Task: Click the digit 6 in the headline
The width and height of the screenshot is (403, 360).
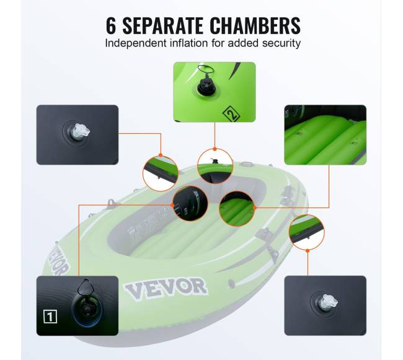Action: [x=111, y=25]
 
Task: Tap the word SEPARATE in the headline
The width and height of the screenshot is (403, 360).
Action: [x=163, y=25]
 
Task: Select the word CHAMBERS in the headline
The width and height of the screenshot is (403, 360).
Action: [x=255, y=25]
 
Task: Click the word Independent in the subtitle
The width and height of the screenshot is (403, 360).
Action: [x=136, y=43]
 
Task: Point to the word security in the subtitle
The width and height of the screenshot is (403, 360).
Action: [x=281, y=43]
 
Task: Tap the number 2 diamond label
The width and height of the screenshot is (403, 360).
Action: [x=231, y=114]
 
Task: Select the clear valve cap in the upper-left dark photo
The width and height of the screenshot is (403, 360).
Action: [x=81, y=131]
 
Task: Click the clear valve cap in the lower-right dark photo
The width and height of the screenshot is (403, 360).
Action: [x=329, y=301]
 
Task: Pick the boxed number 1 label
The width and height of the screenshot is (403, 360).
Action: [x=50, y=317]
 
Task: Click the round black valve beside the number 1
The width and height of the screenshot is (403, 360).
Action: [x=87, y=310]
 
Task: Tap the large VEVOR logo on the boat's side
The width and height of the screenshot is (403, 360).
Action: [x=166, y=288]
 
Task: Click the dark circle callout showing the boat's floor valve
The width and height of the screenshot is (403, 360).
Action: [x=190, y=203]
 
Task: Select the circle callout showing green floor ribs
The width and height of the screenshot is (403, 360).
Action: [x=237, y=209]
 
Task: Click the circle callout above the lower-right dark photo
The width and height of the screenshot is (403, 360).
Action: [x=307, y=232]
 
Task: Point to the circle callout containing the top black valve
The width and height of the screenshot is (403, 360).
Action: [x=215, y=167]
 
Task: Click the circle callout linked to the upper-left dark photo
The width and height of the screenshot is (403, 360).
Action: [x=161, y=173]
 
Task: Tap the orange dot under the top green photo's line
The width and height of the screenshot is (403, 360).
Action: [x=215, y=149]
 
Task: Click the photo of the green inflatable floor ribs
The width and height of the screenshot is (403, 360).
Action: [x=325, y=135]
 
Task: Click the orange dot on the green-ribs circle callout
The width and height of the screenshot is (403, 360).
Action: [x=254, y=208]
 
